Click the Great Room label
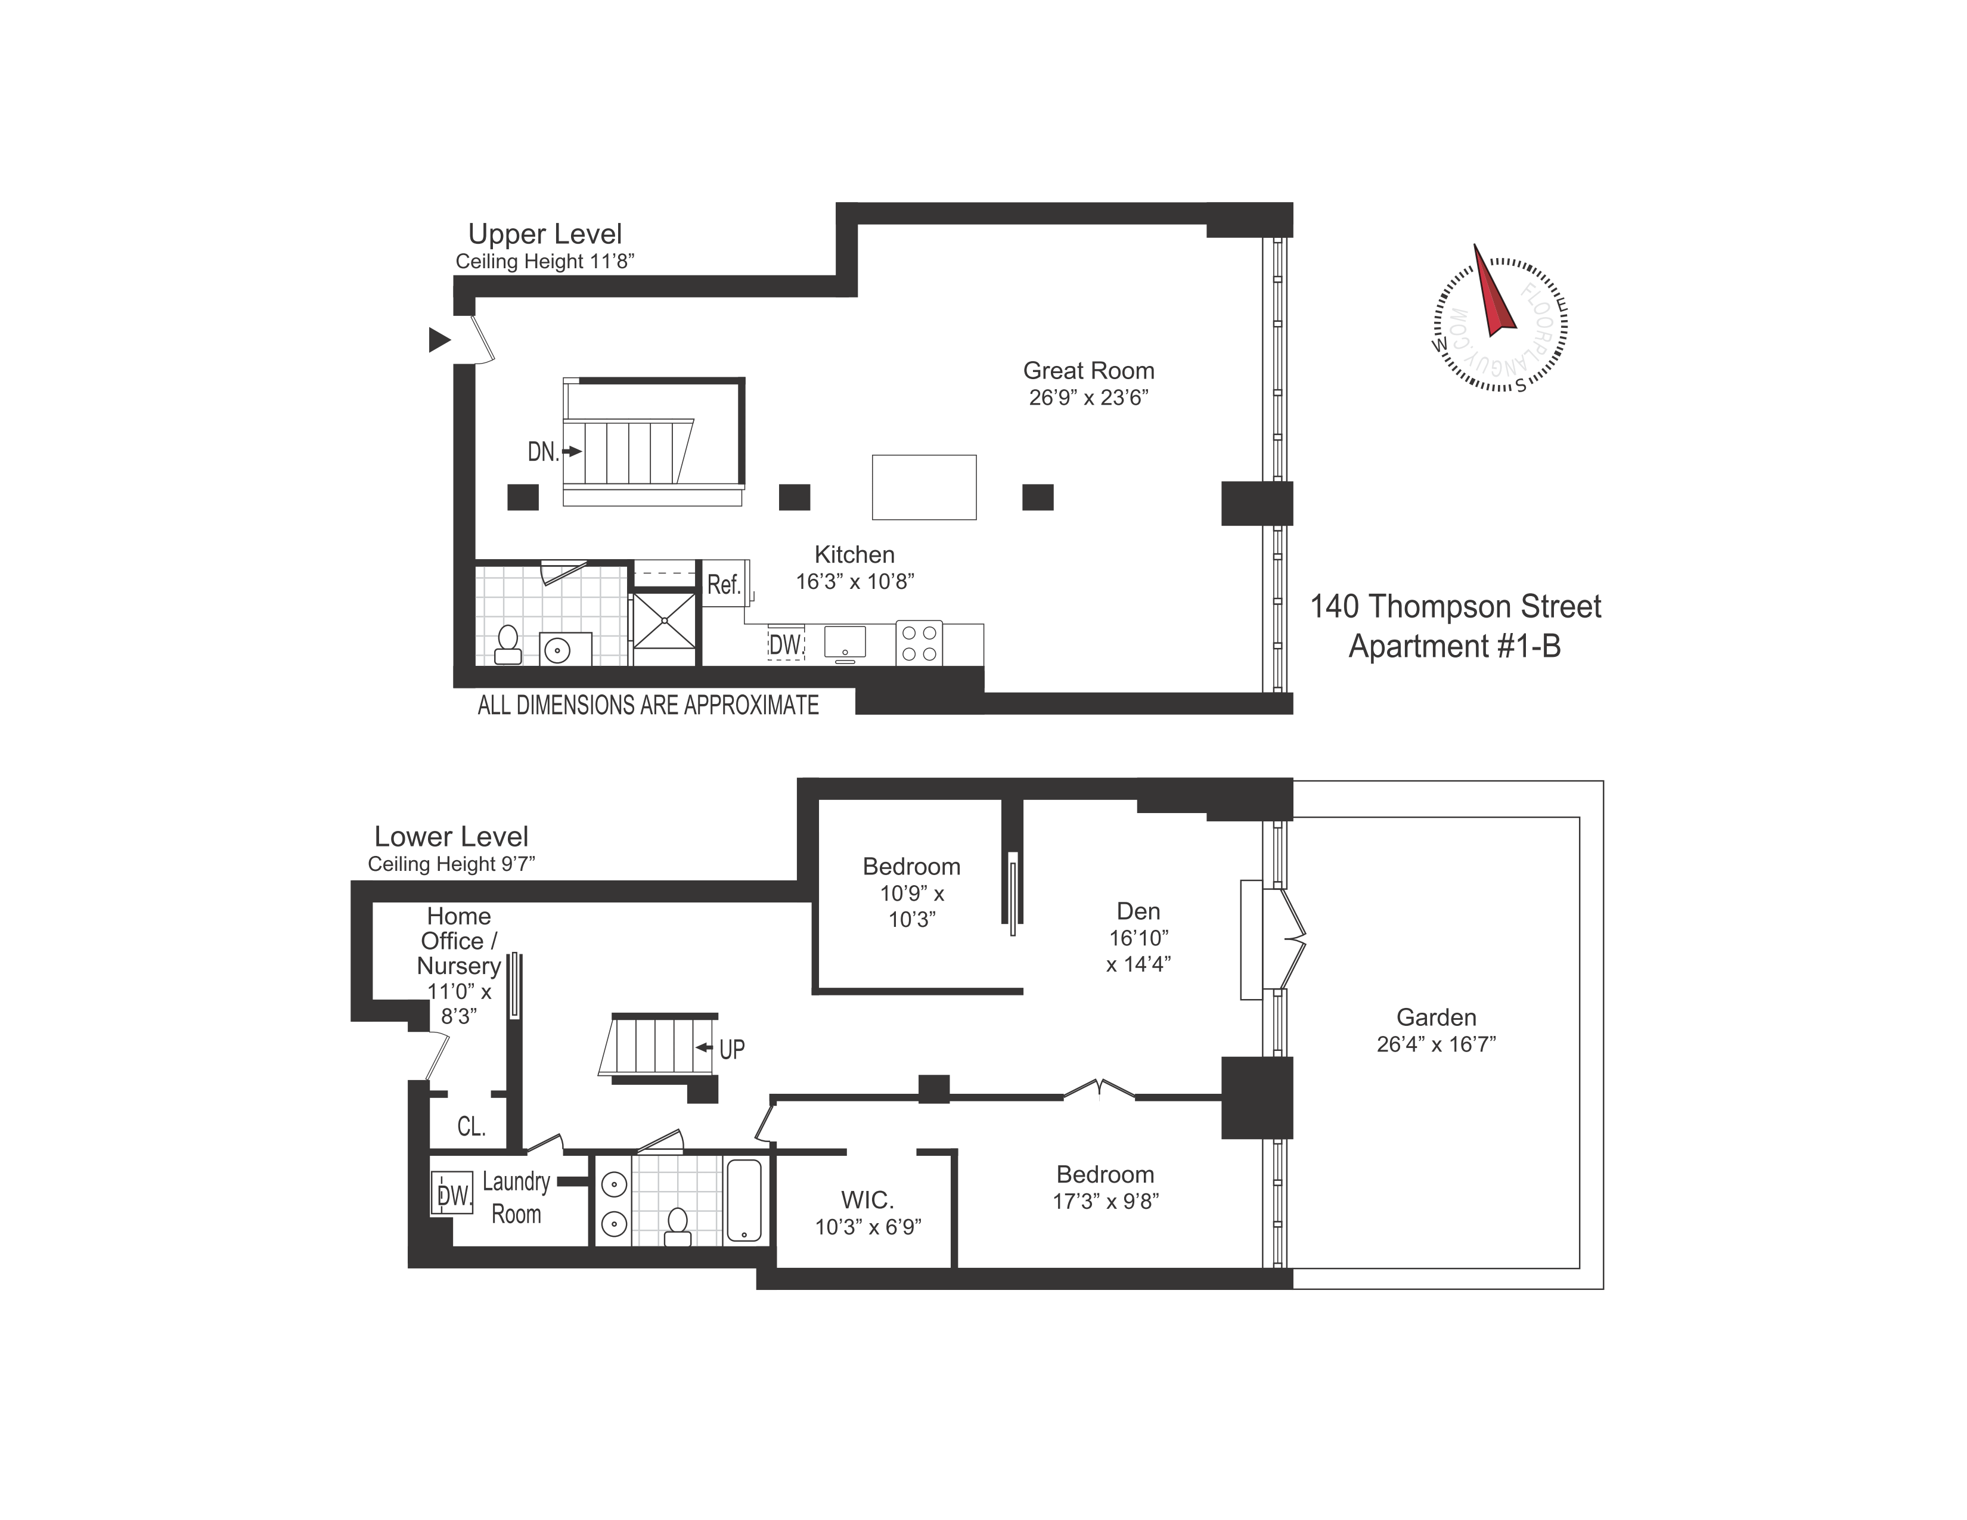click(x=1089, y=370)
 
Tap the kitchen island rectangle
click(x=924, y=487)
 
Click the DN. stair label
click(x=543, y=451)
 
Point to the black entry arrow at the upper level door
click(x=439, y=340)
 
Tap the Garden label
click(x=1437, y=1018)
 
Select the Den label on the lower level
click(x=1138, y=911)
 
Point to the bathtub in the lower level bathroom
click(x=744, y=1201)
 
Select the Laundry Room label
click(x=516, y=1198)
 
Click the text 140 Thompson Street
click(x=1456, y=607)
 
